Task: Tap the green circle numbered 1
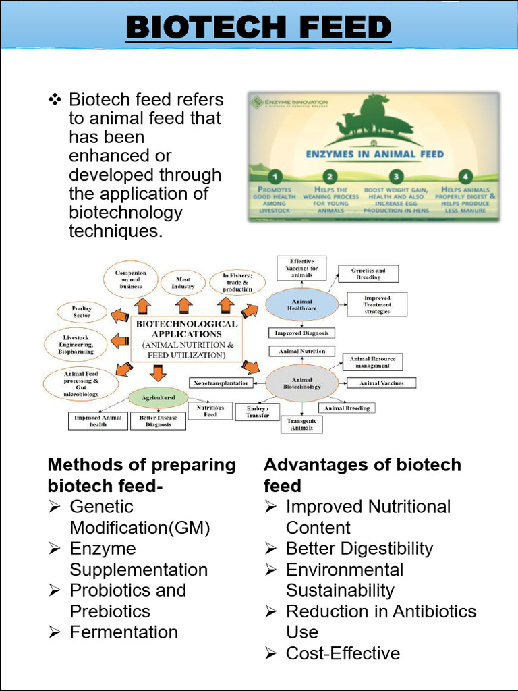[275, 177]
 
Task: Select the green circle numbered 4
[463, 177]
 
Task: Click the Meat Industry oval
[183, 283]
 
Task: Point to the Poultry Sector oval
[82, 312]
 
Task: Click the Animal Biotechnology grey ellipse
[301, 383]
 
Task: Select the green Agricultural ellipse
[158, 397]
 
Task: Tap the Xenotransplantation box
[221, 383]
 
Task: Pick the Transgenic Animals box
[301, 424]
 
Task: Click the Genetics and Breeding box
[368, 273]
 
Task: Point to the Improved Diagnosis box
[301, 333]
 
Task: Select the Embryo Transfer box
[257, 412]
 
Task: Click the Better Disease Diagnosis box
[159, 421]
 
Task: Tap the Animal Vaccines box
[382, 383]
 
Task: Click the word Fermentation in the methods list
[124, 632]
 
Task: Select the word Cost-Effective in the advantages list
[343, 653]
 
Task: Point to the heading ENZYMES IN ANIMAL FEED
[375, 154]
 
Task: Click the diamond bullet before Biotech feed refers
[55, 101]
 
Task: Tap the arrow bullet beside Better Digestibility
[270, 549]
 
